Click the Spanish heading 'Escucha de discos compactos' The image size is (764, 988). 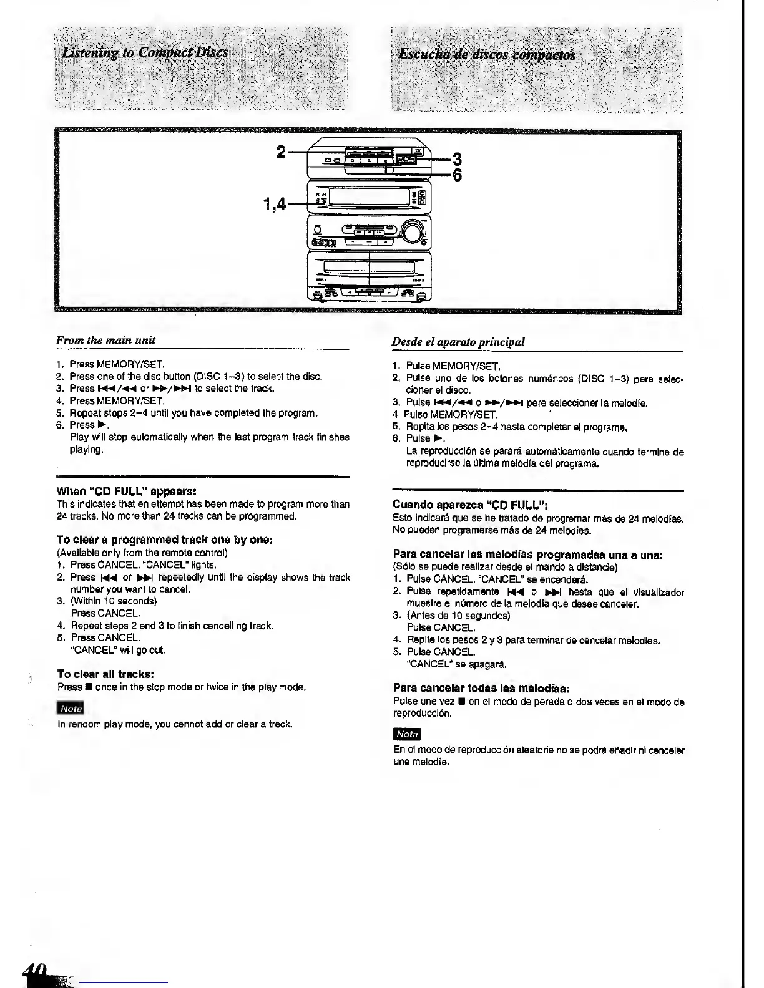tap(487, 54)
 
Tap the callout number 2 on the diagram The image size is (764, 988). tap(282, 152)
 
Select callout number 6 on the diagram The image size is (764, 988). tap(456, 175)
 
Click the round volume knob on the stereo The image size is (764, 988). tap(412, 232)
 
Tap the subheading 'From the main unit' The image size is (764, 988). tap(105, 340)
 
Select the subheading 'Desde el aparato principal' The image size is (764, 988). tap(458, 341)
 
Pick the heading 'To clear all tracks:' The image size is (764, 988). tap(105, 674)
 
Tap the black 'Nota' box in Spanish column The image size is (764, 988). tap(407, 735)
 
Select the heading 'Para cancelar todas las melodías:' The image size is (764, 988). tap(481, 688)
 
